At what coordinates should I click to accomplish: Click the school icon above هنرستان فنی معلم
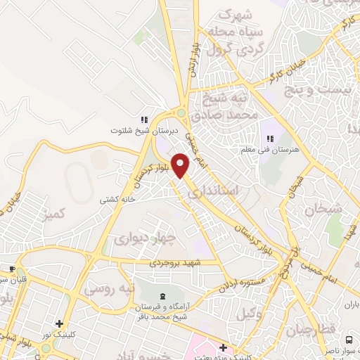tap(270, 139)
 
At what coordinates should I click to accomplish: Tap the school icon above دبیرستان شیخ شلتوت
tap(145, 119)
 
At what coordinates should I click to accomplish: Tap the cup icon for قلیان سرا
tap(11, 269)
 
